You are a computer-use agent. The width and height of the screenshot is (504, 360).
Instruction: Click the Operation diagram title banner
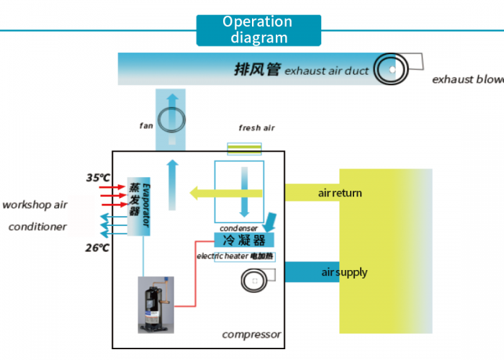[258, 30]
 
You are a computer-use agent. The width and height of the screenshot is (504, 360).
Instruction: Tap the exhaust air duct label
[302, 70]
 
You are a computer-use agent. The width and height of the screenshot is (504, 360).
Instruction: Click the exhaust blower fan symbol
[392, 68]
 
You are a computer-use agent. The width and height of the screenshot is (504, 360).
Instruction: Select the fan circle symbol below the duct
[172, 118]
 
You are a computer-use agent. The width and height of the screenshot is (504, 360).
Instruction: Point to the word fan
[146, 125]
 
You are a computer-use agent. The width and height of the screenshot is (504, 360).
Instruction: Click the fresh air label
[256, 128]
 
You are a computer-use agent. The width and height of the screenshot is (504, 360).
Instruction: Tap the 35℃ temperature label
[98, 177]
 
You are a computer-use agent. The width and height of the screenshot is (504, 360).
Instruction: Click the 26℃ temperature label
[97, 248]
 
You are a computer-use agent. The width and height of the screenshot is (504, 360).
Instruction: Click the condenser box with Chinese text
[245, 240]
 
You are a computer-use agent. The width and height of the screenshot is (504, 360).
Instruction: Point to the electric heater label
[235, 256]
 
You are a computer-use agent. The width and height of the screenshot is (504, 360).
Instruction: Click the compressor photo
[156, 305]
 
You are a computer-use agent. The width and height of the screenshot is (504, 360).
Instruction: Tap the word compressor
[251, 334]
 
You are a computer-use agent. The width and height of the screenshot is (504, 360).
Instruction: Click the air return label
[340, 193]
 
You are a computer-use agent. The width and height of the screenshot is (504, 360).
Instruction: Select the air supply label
[344, 272]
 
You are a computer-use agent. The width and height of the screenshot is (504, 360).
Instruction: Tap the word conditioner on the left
[37, 227]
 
